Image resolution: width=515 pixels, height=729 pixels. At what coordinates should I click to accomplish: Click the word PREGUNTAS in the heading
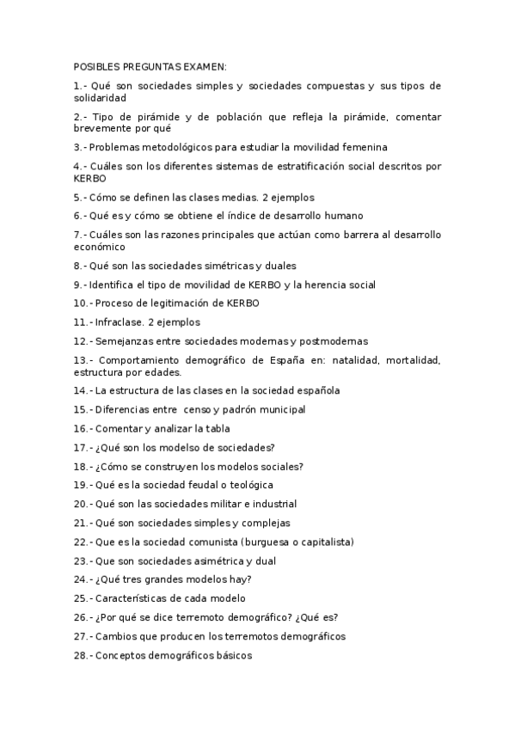(149, 66)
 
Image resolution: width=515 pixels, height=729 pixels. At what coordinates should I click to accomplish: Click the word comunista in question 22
(212, 542)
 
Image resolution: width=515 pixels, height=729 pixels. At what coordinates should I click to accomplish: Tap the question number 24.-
(83, 579)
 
